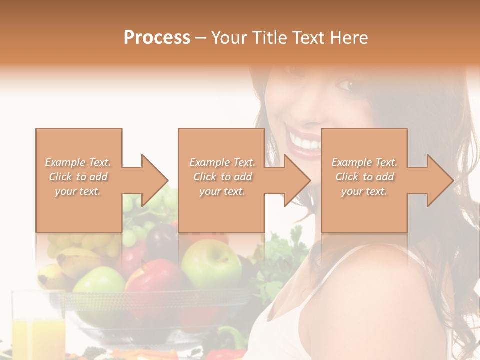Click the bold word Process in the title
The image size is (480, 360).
[x=157, y=37]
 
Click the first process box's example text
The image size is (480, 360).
[x=78, y=177]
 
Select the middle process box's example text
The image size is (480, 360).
[x=222, y=177]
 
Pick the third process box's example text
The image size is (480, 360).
[x=364, y=177]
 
